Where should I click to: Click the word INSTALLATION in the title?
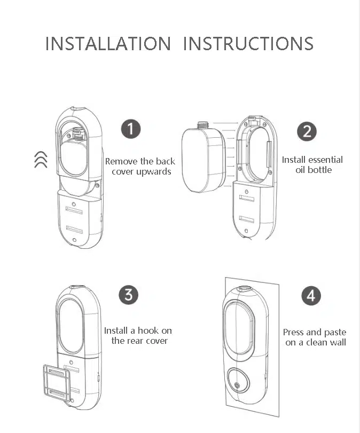point(108,43)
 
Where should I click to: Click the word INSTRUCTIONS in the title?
point(248,43)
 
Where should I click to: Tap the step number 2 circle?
point(306,131)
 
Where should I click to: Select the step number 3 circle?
point(128,295)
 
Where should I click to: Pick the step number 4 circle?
point(311,296)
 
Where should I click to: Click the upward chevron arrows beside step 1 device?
point(41,159)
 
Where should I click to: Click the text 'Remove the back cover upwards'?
point(140,166)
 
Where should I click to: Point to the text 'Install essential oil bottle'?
point(312,164)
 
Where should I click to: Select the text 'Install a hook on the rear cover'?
point(138,335)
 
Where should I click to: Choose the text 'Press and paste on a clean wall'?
point(315,337)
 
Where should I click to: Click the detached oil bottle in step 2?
point(202,159)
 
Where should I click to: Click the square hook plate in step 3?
point(56,382)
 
